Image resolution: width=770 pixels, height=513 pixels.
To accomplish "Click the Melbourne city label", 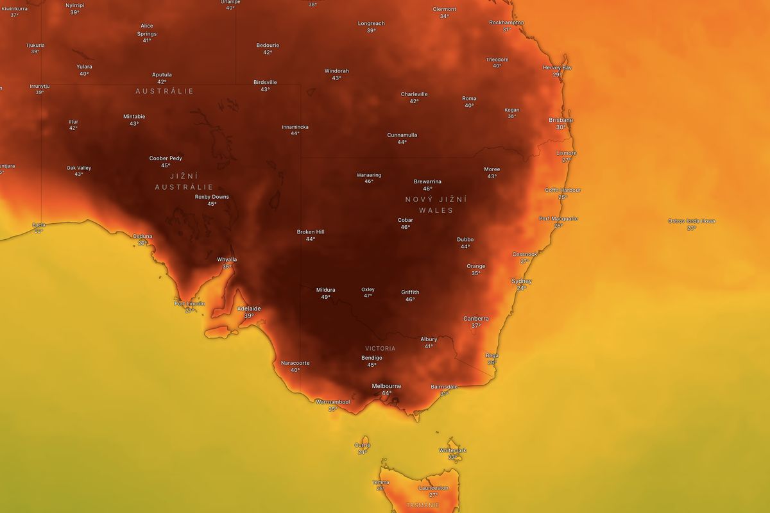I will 386,386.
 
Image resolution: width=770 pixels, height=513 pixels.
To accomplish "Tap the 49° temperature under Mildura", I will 325,297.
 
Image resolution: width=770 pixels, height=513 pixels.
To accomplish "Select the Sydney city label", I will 521,282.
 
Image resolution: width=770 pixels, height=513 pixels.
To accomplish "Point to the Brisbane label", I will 561,120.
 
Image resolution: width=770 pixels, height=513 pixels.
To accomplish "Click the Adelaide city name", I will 249,308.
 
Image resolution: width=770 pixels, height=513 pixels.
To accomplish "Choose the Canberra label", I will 476,319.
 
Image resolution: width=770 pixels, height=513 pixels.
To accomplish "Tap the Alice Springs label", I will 147,30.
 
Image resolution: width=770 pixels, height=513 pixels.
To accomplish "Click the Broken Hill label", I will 311,232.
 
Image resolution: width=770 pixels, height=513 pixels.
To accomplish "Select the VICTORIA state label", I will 381,349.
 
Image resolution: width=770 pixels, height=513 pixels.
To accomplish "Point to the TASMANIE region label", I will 422,505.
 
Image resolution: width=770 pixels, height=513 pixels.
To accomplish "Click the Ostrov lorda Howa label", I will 691,221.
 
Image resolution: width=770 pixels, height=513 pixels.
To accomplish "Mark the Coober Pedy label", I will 166,158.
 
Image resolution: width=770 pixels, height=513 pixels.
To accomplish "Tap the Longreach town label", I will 371,24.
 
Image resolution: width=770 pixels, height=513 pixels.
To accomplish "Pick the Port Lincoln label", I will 189,303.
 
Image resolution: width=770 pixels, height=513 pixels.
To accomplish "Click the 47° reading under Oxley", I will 368,296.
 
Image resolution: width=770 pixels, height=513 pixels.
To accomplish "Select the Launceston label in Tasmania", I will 433,488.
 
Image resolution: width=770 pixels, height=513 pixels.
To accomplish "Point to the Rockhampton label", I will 506,22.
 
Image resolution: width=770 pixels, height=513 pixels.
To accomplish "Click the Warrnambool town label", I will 332,402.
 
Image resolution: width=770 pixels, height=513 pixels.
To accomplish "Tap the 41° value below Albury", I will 429,346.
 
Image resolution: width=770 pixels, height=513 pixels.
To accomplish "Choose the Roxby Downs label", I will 212,197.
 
